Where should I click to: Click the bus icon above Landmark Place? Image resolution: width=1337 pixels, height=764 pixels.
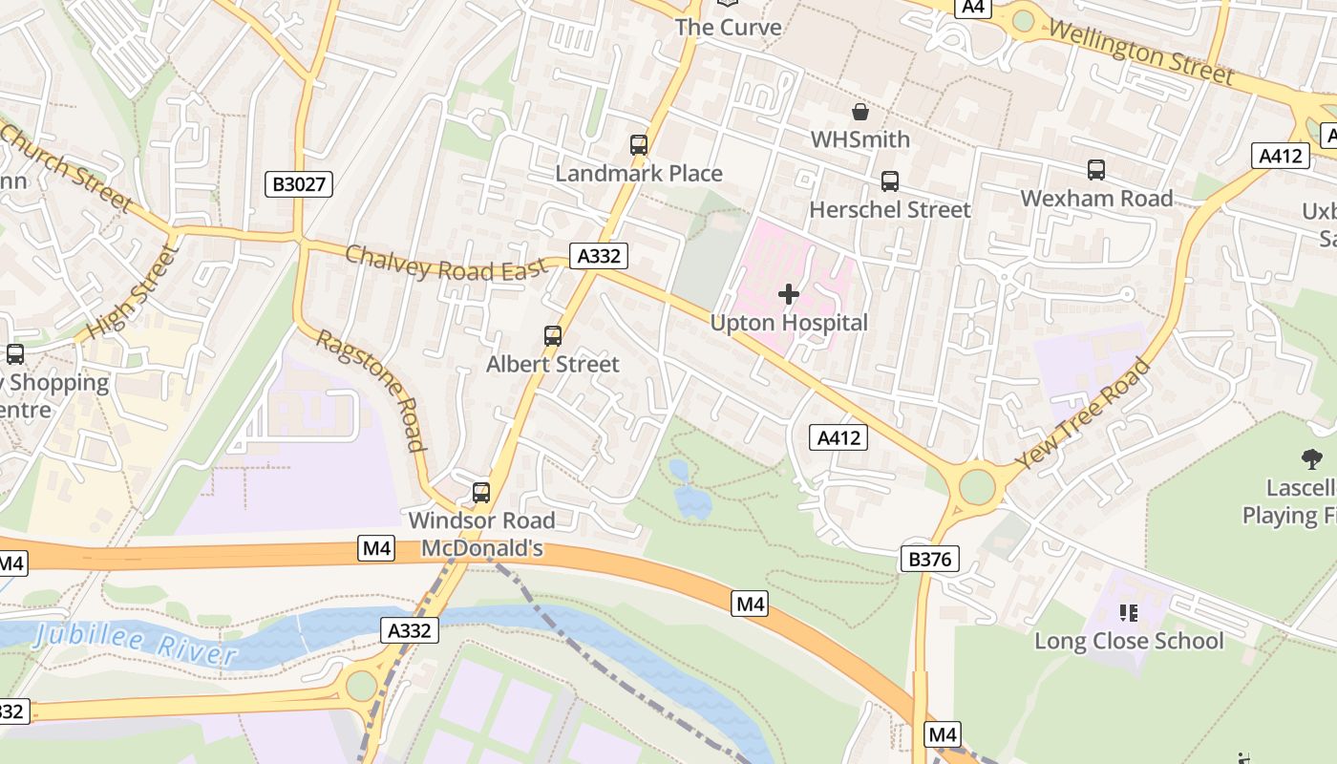click(639, 145)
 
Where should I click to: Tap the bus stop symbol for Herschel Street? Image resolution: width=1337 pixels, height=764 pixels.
click(890, 180)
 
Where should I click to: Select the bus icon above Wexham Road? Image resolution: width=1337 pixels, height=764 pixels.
click(1096, 170)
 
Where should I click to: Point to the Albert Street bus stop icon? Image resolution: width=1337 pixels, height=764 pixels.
click(553, 335)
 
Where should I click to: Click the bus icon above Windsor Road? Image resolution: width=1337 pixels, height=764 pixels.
click(481, 493)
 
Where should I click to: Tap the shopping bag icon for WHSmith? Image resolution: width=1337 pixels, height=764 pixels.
click(860, 112)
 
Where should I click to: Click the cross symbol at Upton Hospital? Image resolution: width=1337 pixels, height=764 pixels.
click(789, 294)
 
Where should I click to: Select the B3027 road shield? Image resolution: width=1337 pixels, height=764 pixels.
click(299, 184)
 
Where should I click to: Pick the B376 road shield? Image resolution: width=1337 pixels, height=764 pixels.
click(929, 559)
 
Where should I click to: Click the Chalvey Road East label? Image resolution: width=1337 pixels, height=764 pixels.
click(446, 265)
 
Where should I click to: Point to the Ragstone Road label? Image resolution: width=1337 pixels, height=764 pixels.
click(370, 390)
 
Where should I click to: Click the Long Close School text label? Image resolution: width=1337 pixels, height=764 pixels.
click(1129, 641)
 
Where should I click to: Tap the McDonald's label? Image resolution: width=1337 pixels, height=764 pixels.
click(482, 548)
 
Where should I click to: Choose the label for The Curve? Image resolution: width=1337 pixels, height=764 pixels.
click(729, 27)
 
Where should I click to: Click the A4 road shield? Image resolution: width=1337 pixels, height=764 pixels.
click(972, 7)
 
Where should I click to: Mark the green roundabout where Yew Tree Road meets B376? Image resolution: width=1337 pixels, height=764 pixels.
click(977, 485)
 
